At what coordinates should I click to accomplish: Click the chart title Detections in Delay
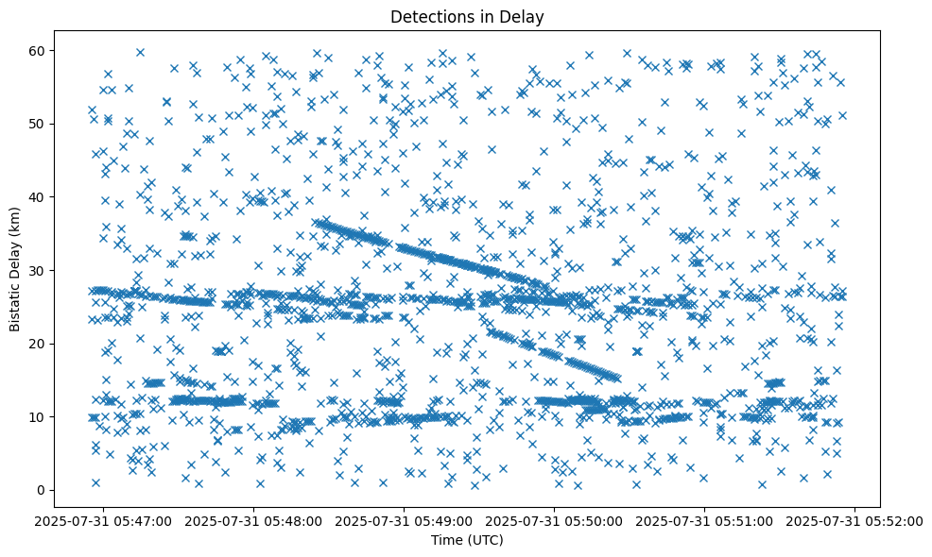(467, 17)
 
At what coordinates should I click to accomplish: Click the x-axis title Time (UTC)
(467, 540)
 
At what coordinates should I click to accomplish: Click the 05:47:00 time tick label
(105, 520)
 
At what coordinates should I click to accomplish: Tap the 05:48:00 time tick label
(255, 520)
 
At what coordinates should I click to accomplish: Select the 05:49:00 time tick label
(406, 520)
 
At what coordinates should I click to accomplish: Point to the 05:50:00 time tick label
(556, 520)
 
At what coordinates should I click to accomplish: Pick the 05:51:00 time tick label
(706, 520)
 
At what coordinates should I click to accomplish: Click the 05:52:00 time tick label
(856, 520)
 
